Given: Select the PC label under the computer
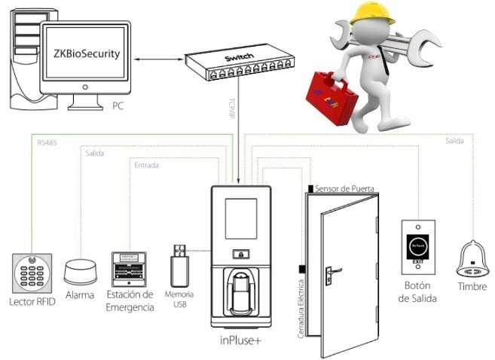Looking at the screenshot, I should (118, 106).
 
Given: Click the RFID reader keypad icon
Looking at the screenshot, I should (32, 270).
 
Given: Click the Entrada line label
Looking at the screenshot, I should (146, 165).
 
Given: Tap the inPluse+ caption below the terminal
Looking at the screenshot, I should (241, 340).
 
